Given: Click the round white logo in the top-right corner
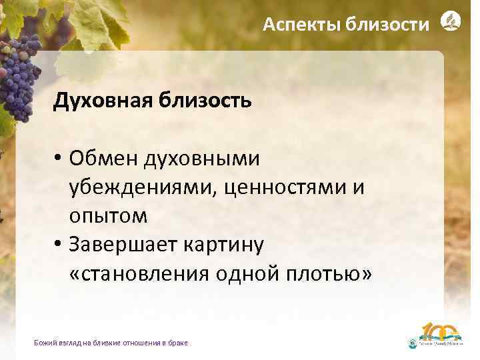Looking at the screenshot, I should (451, 22).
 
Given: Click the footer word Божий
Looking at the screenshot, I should (44, 343).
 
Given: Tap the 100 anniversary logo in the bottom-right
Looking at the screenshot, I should (440, 337).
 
